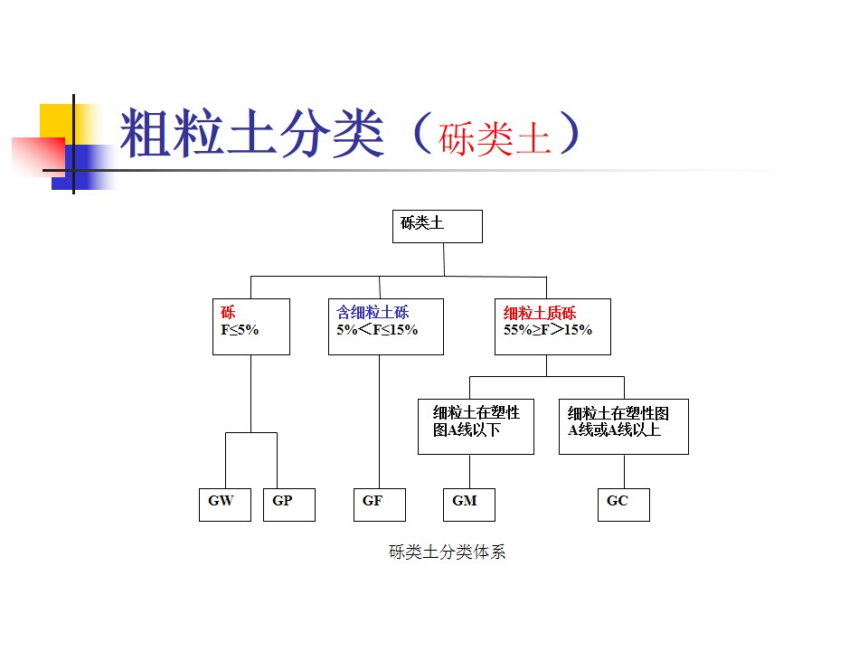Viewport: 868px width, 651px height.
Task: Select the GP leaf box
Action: point(288,504)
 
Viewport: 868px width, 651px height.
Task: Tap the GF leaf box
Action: point(379,504)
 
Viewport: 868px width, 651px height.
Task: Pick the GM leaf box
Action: point(468,504)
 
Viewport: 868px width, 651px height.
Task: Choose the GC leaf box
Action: point(623,504)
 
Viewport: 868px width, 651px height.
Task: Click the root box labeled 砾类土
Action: point(437,226)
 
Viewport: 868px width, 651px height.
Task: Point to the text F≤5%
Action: point(240,330)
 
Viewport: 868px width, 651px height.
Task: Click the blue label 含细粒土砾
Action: point(373,313)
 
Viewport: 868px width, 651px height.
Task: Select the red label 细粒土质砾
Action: point(540,314)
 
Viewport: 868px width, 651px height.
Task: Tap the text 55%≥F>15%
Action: point(548,330)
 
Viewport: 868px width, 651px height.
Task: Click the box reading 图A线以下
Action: point(476,426)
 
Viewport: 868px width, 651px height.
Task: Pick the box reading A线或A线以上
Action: point(623,426)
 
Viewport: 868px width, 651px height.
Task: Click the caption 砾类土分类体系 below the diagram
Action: point(447,552)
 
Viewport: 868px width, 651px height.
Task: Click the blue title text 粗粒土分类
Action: point(252,133)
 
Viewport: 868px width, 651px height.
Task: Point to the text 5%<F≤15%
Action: point(377,330)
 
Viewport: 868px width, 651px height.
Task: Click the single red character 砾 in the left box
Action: point(228,313)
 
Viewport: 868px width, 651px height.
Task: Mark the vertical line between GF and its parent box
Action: point(379,420)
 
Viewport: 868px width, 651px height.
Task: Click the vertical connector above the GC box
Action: point(624,470)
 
